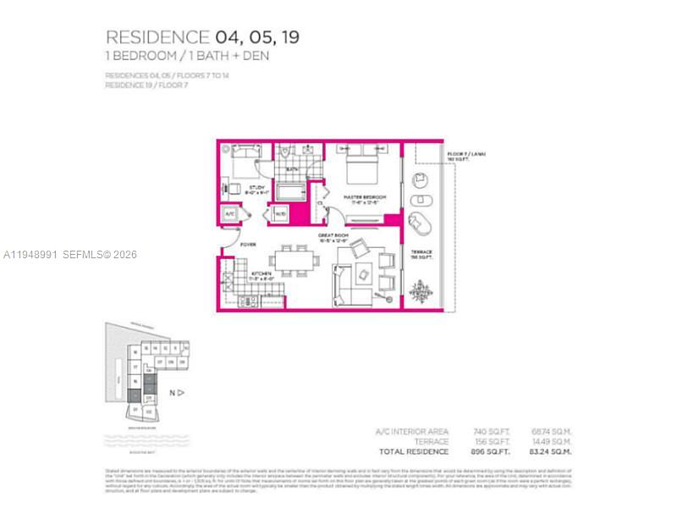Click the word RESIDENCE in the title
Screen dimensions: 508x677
[x=157, y=37]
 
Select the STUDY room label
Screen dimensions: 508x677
[x=256, y=188]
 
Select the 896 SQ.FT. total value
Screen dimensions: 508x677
[x=492, y=451]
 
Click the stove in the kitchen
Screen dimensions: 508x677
[x=247, y=301]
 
